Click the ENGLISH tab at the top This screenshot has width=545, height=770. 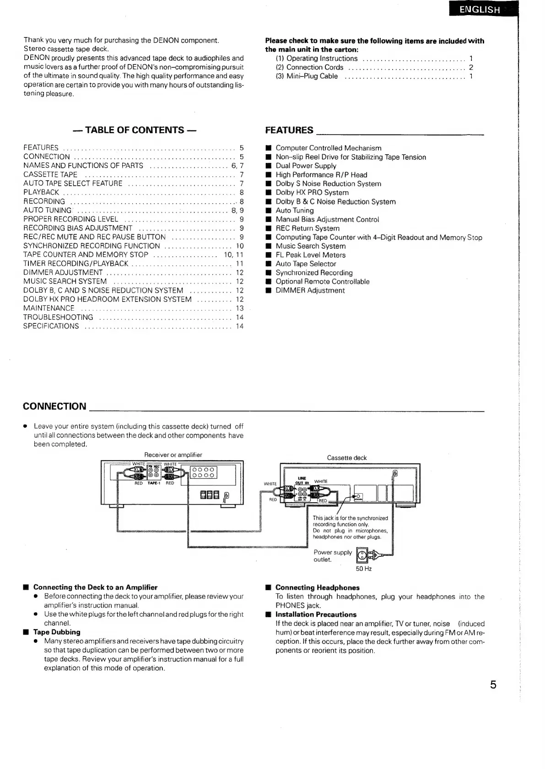[x=480, y=10]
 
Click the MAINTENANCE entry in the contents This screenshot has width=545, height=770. [x=49, y=308]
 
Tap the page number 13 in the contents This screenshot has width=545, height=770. [x=240, y=308]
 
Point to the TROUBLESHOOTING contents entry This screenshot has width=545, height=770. [x=58, y=318]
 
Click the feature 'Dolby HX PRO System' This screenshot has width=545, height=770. [x=312, y=193]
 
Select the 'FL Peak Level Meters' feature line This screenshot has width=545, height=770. [x=310, y=255]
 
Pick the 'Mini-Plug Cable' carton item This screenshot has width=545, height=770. [x=312, y=76]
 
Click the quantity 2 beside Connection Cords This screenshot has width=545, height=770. [x=471, y=67]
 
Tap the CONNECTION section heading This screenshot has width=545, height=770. [x=54, y=406]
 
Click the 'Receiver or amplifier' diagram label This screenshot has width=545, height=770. [x=173, y=455]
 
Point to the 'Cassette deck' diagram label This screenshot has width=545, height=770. [x=347, y=458]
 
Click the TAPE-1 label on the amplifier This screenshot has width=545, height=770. [x=153, y=483]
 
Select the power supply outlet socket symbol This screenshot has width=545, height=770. [x=362, y=555]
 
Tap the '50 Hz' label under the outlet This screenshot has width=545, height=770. [x=364, y=569]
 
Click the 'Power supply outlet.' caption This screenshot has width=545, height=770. [x=333, y=556]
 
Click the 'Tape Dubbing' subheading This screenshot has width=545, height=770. [x=57, y=632]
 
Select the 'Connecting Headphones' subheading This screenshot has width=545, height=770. [x=317, y=587]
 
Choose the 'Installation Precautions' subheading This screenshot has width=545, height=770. [x=316, y=614]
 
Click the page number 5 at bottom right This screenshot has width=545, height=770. [x=493, y=685]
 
